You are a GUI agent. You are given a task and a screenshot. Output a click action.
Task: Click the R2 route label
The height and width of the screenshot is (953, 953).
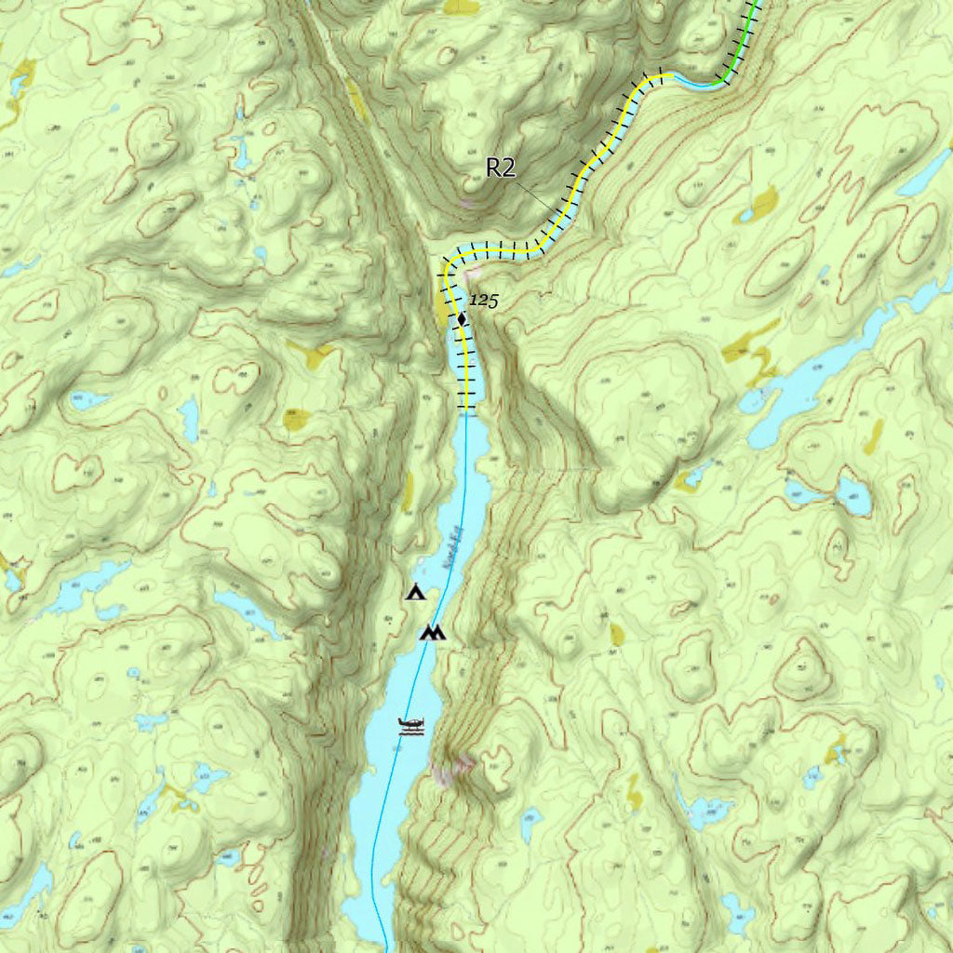[501, 168]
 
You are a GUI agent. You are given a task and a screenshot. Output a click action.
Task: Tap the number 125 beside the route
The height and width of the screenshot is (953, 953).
[483, 301]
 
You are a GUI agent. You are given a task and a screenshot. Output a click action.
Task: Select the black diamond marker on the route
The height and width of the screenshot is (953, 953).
[462, 320]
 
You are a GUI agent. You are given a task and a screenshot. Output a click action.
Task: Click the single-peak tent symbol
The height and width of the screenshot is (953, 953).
[415, 592]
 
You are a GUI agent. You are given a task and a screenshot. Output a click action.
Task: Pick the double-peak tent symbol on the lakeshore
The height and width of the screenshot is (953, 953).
[433, 634]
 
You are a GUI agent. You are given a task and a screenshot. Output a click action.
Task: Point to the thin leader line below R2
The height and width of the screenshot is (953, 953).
[537, 194]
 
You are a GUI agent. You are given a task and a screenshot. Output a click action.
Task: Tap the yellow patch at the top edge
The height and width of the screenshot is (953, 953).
[462, 7]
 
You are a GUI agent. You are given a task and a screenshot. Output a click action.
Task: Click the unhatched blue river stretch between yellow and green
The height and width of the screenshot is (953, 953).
[693, 85]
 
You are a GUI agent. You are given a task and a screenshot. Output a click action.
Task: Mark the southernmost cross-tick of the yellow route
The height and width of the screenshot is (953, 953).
[470, 407]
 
